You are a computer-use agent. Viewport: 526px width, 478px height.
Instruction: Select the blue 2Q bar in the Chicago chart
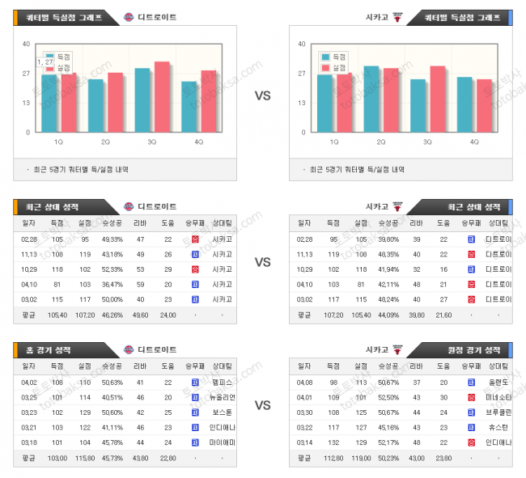tap(371, 99)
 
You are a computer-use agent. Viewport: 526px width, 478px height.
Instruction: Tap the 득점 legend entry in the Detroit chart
tap(58, 56)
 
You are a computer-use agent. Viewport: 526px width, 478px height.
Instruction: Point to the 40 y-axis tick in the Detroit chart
tap(26, 44)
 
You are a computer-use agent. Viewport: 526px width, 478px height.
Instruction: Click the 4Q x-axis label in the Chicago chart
tap(474, 142)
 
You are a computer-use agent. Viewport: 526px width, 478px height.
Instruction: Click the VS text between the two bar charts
tap(262, 95)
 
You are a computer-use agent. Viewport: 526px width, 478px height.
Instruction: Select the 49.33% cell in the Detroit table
tap(112, 239)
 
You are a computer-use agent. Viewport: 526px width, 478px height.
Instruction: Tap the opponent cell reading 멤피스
tap(223, 382)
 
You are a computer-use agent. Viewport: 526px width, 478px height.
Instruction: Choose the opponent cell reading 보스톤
tap(223, 412)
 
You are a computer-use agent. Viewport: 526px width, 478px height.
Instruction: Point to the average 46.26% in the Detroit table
tap(112, 315)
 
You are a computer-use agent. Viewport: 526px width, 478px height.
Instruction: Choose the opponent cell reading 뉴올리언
tap(223, 397)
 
